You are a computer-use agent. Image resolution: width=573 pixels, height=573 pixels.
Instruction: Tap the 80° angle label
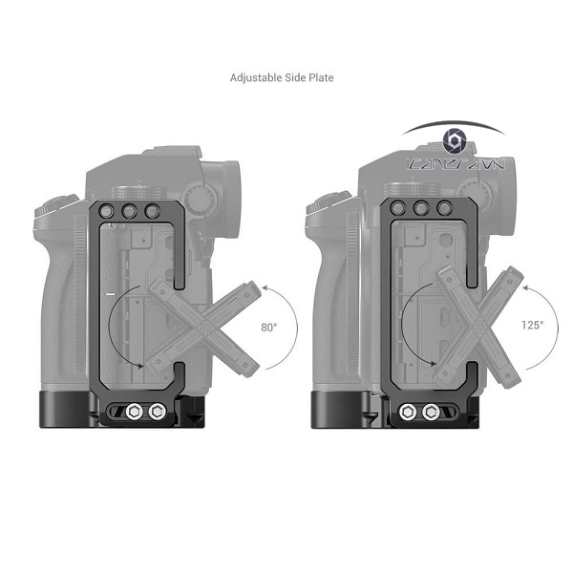[x=269, y=327]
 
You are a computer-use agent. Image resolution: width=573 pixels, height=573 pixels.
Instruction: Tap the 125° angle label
[x=533, y=326]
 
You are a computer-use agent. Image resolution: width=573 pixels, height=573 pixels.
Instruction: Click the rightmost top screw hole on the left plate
[x=151, y=212]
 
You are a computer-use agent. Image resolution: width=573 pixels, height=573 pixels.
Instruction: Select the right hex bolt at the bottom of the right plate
[x=432, y=412]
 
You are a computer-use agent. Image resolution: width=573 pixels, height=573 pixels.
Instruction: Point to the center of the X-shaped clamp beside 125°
[x=476, y=326]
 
